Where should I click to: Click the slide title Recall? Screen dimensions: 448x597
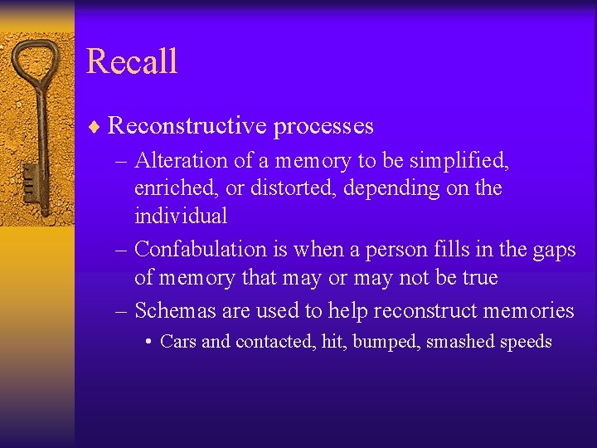[132, 62]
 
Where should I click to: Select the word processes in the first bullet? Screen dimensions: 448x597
[323, 126]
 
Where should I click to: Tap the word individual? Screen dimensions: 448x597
[180, 217]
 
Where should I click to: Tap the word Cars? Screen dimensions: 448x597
[178, 342]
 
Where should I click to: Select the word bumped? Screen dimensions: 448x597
[386, 342]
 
